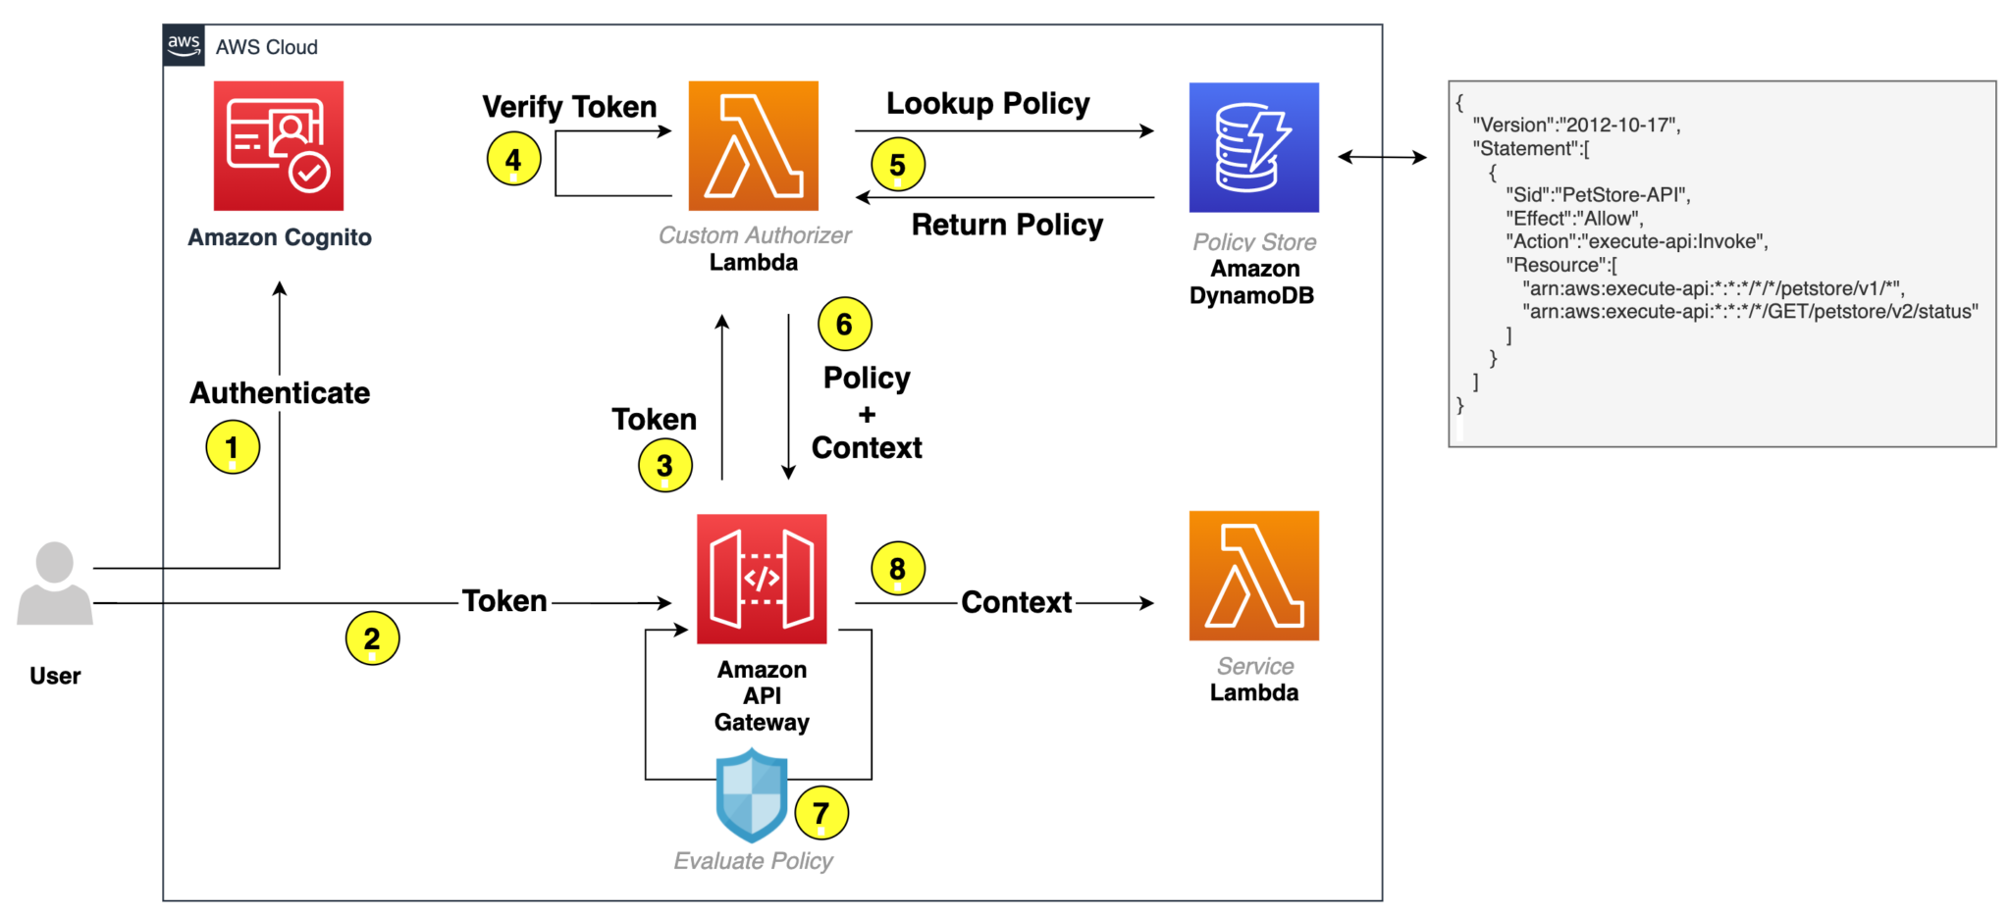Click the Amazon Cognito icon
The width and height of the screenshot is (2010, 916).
click(279, 145)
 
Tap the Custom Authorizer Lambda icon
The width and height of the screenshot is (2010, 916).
click(753, 145)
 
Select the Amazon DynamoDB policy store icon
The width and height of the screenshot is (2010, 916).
click(1253, 147)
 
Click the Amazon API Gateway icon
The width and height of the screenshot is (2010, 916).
click(762, 579)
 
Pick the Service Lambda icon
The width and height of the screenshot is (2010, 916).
click(1253, 576)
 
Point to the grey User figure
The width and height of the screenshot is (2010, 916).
click(55, 585)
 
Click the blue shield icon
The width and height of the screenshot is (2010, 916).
click(752, 794)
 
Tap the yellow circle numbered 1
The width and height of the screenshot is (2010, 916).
click(233, 447)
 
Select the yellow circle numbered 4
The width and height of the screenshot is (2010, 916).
click(513, 159)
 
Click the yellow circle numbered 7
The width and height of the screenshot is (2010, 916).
click(820, 812)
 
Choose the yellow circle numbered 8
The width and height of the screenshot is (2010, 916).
click(897, 568)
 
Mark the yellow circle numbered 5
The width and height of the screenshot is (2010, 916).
click(897, 165)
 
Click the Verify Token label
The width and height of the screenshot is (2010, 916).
click(569, 106)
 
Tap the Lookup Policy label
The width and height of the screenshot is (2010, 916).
click(987, 103)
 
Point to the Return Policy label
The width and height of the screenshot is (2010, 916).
click(1007, 225)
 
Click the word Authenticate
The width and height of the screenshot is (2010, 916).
click(280, 393)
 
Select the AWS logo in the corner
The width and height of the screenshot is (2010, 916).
click(184, 45)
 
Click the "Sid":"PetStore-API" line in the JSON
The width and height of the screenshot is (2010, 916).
click(1598, 194)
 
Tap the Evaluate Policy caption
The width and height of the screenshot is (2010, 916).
click(753, 861)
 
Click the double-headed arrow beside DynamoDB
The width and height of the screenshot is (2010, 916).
click(1382, 157)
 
